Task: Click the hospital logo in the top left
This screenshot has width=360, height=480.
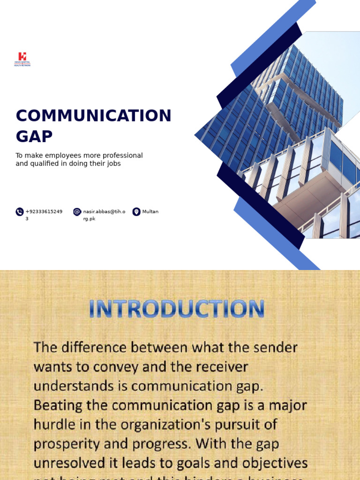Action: [x=22, y=59]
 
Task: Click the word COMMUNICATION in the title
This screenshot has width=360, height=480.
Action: [x=94, y=116]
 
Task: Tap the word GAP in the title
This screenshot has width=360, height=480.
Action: [x=34, y=136]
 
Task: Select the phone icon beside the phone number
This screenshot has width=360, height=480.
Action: [x=20, y=212]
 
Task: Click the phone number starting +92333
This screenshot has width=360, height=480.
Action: [x=44, y=212]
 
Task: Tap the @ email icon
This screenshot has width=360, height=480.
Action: [x=77, y=212]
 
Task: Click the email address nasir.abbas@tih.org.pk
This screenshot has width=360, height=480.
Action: [x=104, y=212]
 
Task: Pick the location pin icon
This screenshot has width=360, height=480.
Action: [x=136, y=212]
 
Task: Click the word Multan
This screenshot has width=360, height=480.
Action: [x=150, y=212]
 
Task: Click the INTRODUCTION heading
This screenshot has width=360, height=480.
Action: [x=177, y=310]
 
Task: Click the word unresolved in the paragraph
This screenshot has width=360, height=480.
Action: [x=66, y=463]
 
